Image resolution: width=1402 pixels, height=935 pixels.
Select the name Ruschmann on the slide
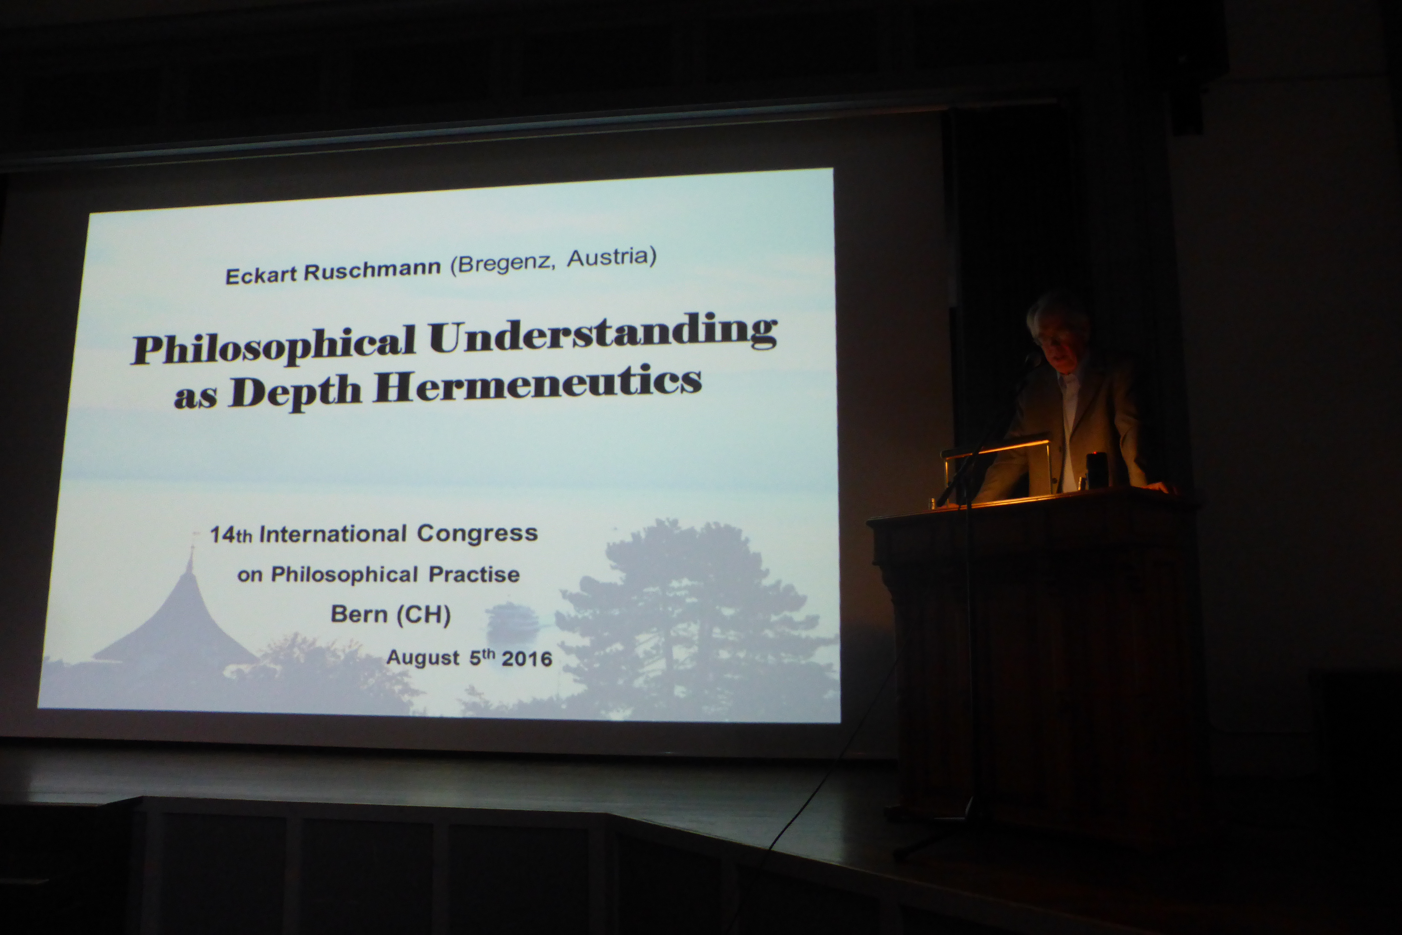click(x=372, y=270)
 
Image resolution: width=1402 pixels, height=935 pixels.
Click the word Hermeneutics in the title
click(x=538, y=385)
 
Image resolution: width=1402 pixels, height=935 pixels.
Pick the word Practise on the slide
click(x=474, y=574)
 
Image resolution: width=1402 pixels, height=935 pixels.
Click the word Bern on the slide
click(x=359, y=614)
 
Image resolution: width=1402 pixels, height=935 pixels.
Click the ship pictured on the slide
click(x=513, y=620)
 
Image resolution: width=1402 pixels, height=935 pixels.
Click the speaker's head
click(x=1058, y=331)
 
